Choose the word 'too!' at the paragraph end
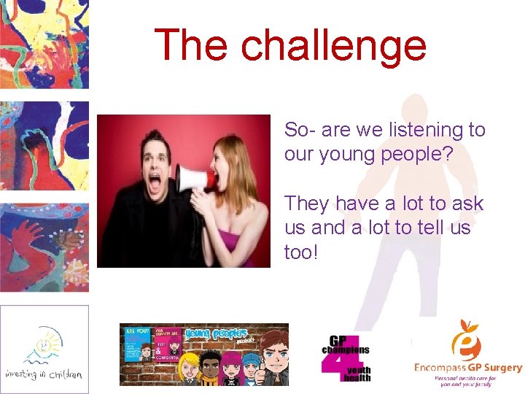[301, 252]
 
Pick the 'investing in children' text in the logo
[44, 374]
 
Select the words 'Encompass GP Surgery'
[467, 368]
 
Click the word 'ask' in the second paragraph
[467, 203]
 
